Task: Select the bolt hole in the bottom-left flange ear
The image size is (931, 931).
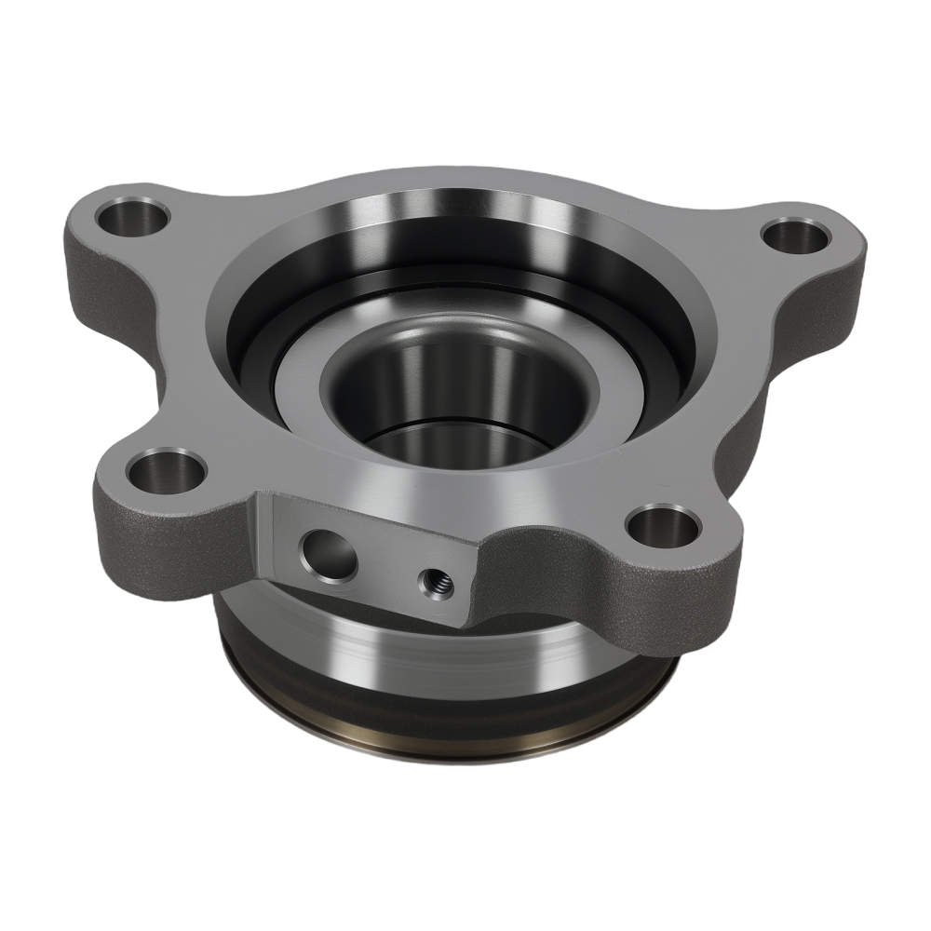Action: point(167,471)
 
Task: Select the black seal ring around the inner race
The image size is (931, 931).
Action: point(279,372)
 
